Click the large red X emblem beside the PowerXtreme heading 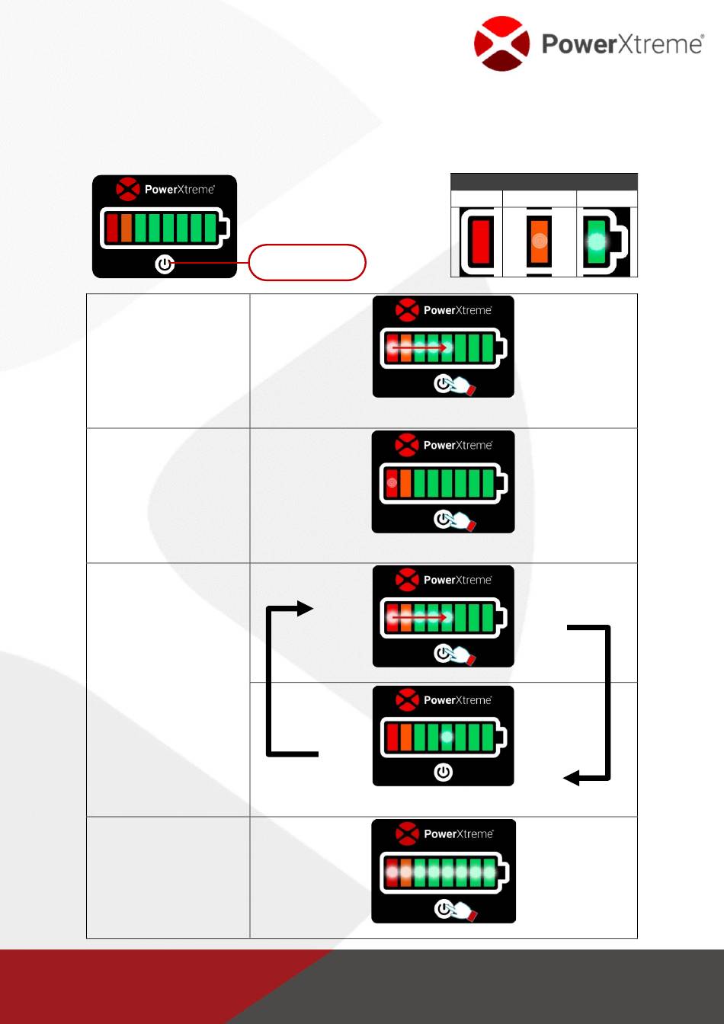(501, 43)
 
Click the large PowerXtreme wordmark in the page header (622, 43)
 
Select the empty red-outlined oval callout (308, 263)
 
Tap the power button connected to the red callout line (165, 264)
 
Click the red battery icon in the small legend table (480, 242)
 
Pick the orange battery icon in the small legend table (540, 242)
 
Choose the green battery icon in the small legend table (597, 242)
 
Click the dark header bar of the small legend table (544, 181)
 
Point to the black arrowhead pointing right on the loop (305, 608)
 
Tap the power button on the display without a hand (443, 773)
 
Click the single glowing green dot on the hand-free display (447, 737)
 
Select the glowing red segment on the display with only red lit (392, 483)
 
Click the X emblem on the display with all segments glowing (407, 834)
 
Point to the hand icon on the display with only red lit (462, 521)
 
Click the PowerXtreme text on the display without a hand (458, 700)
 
